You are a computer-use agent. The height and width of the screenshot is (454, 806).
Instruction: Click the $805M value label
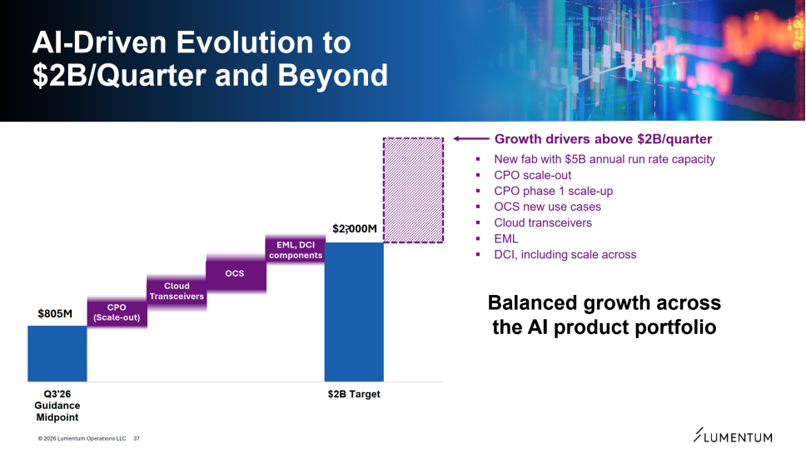click(x=57, y=314)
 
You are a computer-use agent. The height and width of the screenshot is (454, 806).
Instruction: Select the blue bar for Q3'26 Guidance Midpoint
click(x=57, y=353)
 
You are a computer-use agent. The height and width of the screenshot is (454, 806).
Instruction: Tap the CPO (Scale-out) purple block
click(x=117, y=312)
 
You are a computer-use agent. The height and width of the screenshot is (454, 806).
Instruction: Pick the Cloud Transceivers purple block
click(x=177, y=291)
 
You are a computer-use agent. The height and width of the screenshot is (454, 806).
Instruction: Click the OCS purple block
click(x=236, y=273)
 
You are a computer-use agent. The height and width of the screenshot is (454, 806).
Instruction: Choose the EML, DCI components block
click(x=296, y=249)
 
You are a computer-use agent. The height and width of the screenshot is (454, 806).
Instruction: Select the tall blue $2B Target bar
click(x=354, y=312)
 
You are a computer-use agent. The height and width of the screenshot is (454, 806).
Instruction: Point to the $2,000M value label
click(x=355, y=228)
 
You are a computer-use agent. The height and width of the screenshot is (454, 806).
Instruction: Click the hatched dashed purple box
click(x=412, y=190)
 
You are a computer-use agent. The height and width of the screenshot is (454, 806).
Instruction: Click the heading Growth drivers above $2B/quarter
click(x=603, y=139)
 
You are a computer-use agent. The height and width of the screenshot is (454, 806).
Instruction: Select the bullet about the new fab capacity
click(x=604, y=159)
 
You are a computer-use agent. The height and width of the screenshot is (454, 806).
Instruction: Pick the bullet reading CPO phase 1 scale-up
click(x=553, y=191)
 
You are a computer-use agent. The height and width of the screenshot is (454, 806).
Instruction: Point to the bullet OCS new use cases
click(x=547, y=207)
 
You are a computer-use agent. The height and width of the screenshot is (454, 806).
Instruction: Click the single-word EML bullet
click(x=505, y=238)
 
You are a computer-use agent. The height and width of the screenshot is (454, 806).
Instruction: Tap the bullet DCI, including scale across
click(x=565, y=254)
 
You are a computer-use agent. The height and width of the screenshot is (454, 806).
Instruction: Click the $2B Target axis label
click(x=354, y=394)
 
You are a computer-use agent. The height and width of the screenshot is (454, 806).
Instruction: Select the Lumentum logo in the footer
click(x=733, y=437)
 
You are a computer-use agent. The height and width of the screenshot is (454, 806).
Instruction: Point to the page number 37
click(x=137, y=438)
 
